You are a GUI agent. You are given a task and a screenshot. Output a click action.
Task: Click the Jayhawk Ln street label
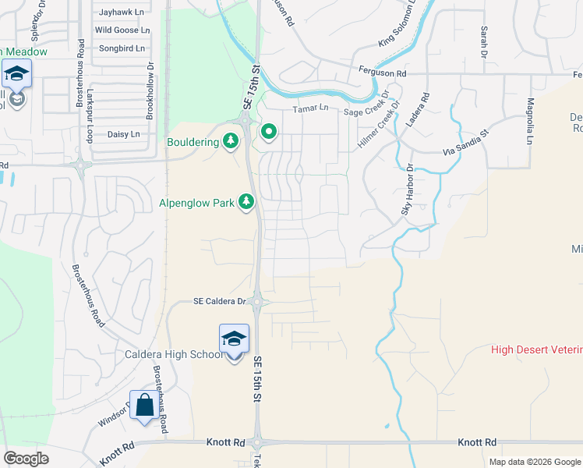[123, 12]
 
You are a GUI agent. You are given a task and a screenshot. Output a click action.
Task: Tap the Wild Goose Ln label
[122, 30]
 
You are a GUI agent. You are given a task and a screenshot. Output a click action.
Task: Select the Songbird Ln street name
[122, 48]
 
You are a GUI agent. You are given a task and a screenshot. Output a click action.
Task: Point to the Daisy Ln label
[123, 134]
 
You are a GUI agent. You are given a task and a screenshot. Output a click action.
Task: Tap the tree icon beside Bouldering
[231, 141]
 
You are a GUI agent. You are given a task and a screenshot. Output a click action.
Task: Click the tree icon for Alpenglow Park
[246, 203]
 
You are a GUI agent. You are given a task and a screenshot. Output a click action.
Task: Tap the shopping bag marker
[144, 406]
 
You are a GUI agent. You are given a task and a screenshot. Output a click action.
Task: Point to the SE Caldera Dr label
[219, 301]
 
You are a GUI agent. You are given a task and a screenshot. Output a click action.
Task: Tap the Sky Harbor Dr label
[406, 190]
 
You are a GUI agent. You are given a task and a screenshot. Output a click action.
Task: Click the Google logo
[26, 459]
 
